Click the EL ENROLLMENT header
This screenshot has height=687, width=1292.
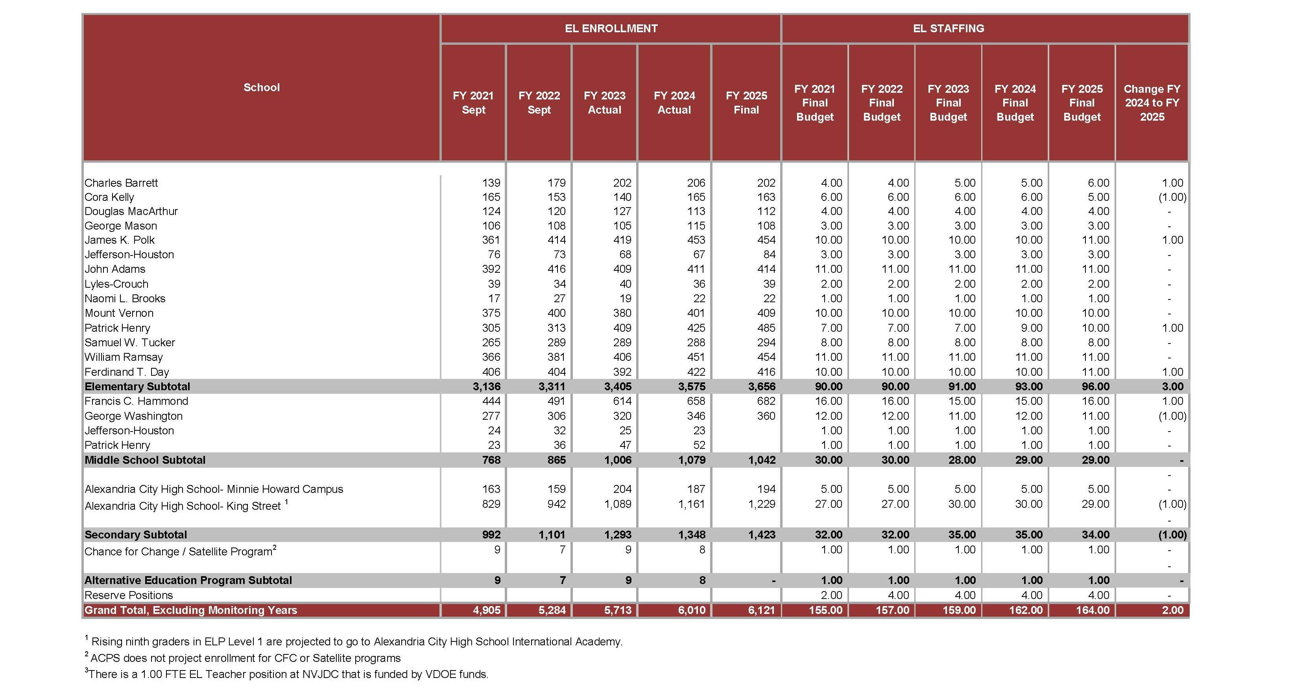(611, 29)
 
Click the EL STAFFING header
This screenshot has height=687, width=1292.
(949, 29)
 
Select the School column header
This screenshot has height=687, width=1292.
(261, 88)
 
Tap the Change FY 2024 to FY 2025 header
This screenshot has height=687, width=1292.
(1152, 103)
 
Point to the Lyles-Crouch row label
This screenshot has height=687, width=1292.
(116, 284)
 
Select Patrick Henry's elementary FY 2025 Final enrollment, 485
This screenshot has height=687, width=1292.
(766, 328)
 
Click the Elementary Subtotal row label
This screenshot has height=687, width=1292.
(137, 387)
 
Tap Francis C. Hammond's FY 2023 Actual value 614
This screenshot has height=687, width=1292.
(622, 401)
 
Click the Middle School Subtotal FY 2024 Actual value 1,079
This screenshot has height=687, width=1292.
(692, 460)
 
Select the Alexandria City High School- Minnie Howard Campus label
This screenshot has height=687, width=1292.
(214, 489)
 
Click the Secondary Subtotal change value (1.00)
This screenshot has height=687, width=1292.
(1172, 535)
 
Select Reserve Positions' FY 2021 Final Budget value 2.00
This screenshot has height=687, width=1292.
(831, 595)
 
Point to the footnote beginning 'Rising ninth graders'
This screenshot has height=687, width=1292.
(356, 642)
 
